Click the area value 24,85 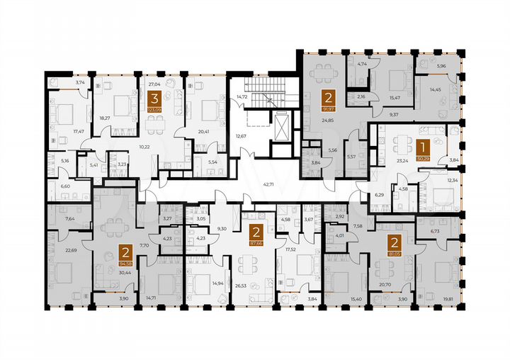pos(326,120)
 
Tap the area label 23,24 pos(402,159)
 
